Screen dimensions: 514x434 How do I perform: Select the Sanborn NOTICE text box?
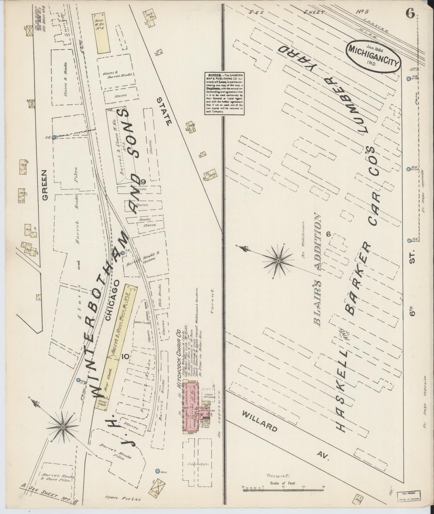click(x=224, y=93)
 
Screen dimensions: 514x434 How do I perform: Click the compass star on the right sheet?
click(x=278, y=261)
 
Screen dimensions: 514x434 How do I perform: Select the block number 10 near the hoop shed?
click(x=126, y=357)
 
